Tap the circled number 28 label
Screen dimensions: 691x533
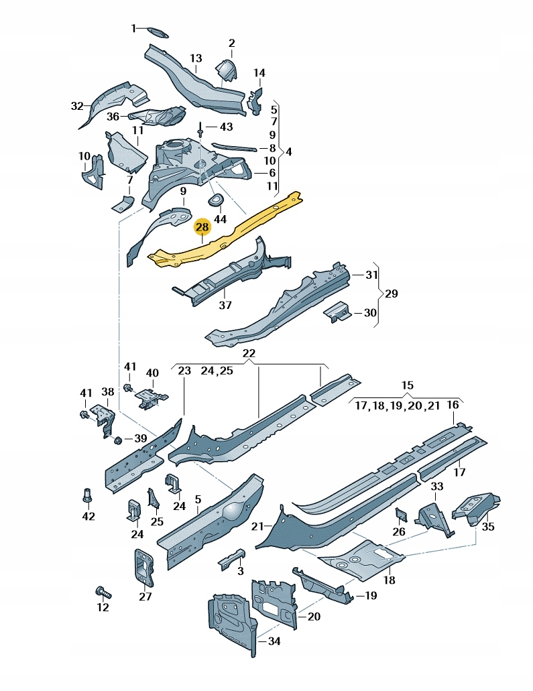click(x=202, y=228)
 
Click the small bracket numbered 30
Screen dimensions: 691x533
click(x=337, y=311)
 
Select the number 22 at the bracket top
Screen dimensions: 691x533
click(x=249, y=353)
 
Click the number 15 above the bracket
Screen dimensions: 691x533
click(x=408, y=385)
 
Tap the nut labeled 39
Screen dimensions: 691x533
click(x=118, y=440)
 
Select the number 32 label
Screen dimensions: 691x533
click(x=77, y=106)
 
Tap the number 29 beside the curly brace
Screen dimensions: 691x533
click(x=392, y=294)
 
